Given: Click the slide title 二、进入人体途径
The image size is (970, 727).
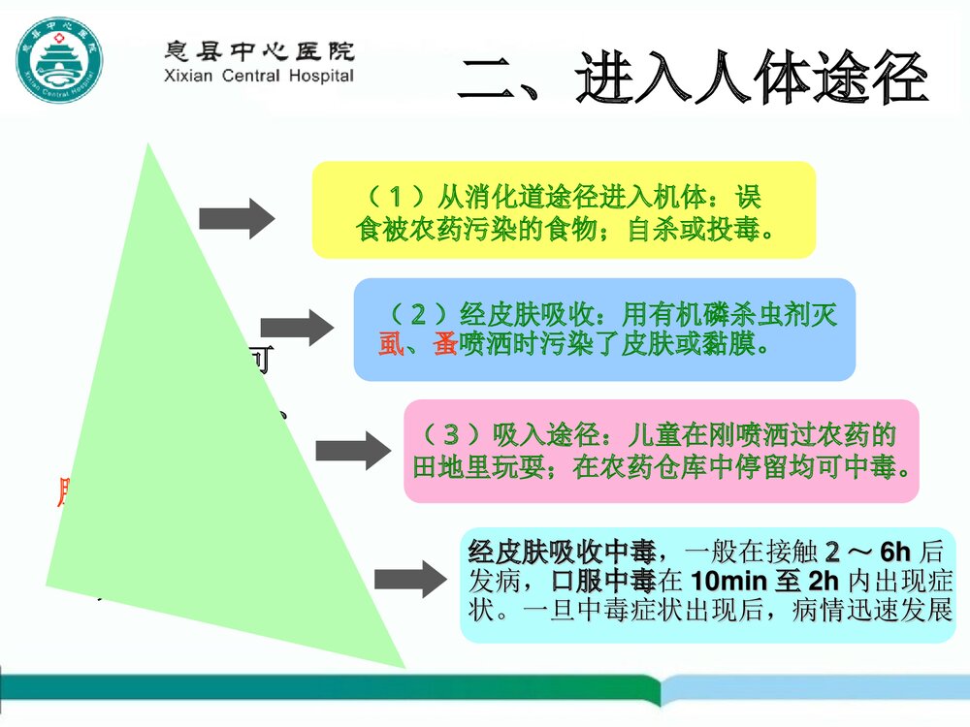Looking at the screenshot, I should (693, 79).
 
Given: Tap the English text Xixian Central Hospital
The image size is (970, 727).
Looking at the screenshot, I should (257, 76).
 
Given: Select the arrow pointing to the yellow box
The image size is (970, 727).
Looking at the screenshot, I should (237, 218).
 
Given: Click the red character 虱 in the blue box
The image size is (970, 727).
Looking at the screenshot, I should (390, 342).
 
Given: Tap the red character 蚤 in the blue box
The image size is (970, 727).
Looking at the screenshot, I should (445, 342).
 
